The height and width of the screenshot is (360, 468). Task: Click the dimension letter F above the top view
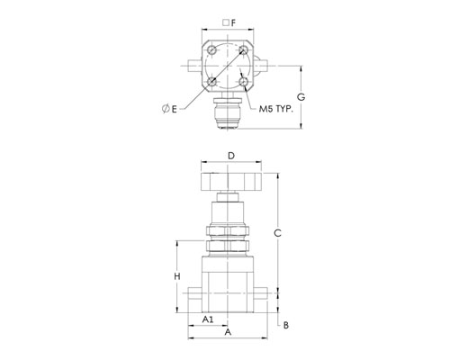[233, 22]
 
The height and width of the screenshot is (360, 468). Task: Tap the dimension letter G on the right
[301, 97]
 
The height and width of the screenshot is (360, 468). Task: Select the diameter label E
[169, 109]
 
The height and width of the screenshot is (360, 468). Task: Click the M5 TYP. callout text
[275, 109]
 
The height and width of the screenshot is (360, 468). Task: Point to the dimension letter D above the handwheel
[231, 156]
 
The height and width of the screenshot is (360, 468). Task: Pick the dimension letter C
[278, 233]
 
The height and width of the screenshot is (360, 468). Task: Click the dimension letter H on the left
[177, 276]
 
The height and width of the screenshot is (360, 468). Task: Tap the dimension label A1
[208, 319]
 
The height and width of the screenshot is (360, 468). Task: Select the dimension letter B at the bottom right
[286, 325]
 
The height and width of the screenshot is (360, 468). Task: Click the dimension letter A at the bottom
[228, 332]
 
